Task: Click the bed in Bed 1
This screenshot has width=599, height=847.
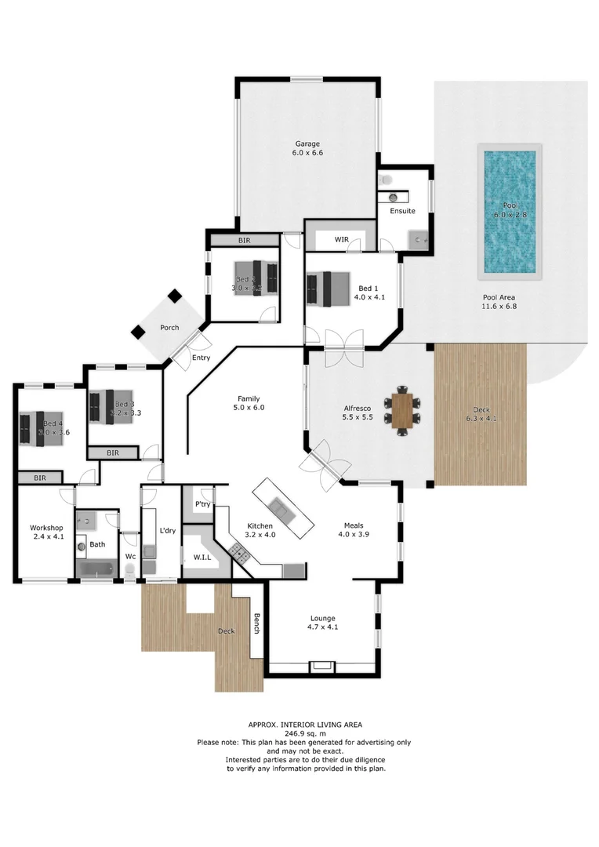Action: coord(330,289)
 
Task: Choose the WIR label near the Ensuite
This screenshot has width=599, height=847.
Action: coord(341,238)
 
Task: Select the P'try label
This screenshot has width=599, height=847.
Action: coord(201,504)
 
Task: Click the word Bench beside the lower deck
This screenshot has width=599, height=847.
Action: coord(256,624)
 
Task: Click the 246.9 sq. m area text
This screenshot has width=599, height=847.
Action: coord(303,733)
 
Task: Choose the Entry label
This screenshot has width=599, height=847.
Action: coord(201,358)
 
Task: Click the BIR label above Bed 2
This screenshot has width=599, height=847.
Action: coord(244,240)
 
